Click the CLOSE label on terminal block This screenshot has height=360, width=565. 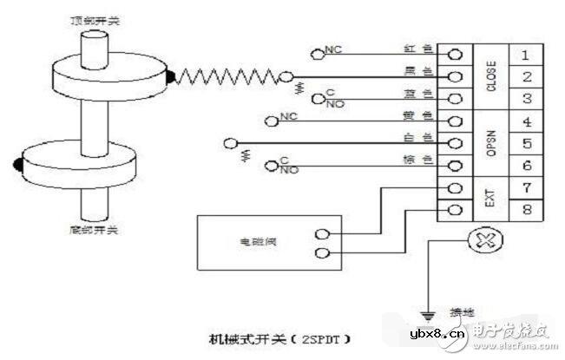[x=491, y=76]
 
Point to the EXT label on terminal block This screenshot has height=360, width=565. [x=491, y=198]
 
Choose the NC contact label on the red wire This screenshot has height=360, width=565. [x=332, y=51]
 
